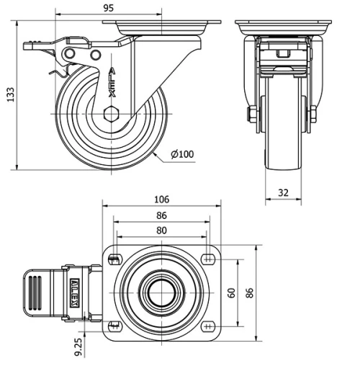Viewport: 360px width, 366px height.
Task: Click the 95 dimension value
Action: click(x=109, y=8)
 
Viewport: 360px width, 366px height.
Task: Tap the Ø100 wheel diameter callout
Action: click(x=183, y=154)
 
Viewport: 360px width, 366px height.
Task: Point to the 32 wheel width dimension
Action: click(x=284, y=192)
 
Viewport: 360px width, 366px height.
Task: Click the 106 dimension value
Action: click(x=161, y=200)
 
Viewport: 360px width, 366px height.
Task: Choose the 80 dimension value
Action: click(x=161, y=231)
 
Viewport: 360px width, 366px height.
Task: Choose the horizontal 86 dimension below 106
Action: click(x=161, y=215)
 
